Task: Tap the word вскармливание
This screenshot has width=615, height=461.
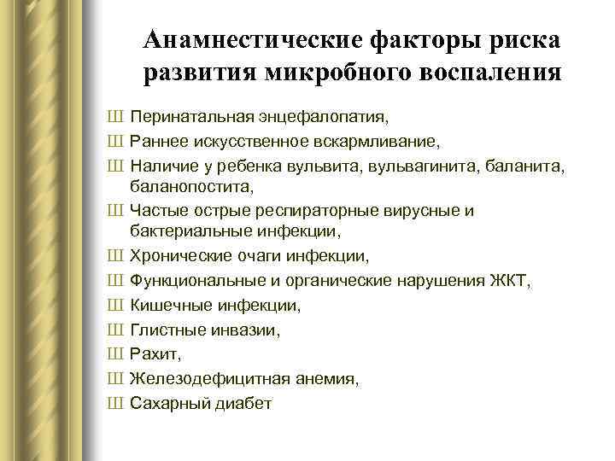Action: coord(357,139)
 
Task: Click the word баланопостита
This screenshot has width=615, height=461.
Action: coord(191,184)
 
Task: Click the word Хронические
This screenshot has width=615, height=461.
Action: coord(177,256)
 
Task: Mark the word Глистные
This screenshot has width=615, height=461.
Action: coord(164,329)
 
